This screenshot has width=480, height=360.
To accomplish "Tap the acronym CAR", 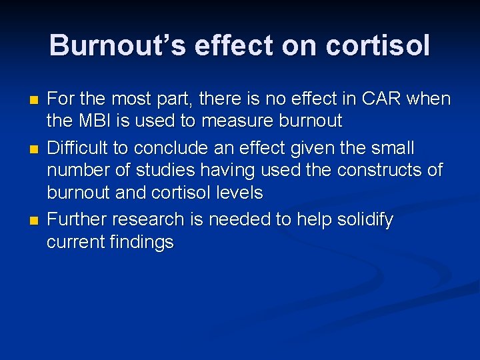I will pyautogui.click(x=385, y=99).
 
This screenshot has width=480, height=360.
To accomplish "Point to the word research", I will pyautogui.click(x=142, y=219).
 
